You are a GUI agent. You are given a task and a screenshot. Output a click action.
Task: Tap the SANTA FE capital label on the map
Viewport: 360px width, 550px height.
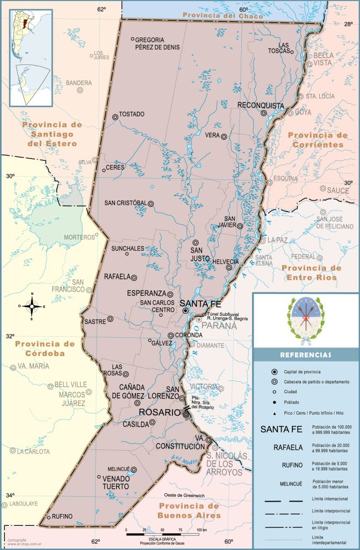(x=200, y=303)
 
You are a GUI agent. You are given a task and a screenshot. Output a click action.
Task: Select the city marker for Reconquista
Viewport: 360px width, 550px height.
(x=264, y=113)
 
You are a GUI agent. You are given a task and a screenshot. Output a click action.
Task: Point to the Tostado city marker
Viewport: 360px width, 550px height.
(x=115, y=117)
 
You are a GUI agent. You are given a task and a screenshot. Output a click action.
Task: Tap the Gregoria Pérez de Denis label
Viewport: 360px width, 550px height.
(x=157, y=43)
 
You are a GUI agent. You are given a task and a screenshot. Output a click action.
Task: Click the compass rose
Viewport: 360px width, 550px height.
(x=32, y=306)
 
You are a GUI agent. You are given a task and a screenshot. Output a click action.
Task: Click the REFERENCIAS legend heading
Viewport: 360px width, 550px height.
(x=305, y=355)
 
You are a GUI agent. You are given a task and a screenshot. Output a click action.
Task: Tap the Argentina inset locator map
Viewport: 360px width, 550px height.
(x=31, y=57)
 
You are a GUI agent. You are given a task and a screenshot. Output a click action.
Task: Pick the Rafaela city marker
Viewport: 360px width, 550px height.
(x=134, y=277)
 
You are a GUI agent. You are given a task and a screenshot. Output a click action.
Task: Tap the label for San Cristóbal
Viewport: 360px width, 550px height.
(x=125, y=203)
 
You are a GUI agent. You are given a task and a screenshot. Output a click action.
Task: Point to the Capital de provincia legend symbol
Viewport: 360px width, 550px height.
(x=274, y=372)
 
